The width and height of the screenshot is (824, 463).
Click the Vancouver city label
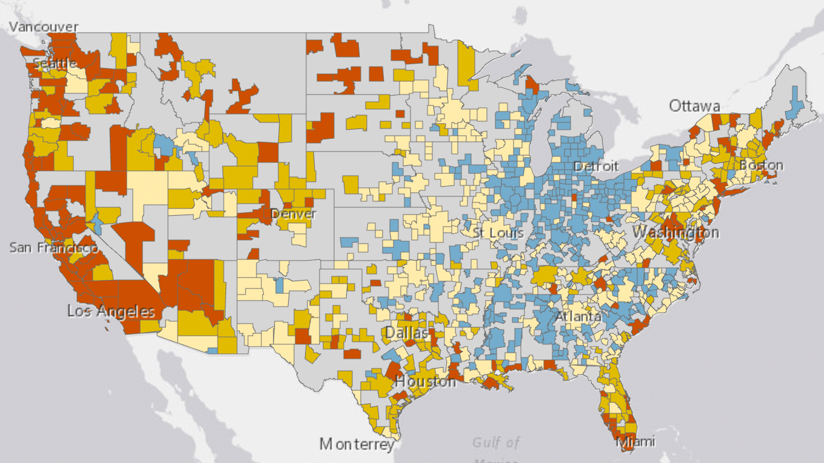click(x=44, y=27)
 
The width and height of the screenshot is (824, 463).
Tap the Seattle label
click(x=55, y=63)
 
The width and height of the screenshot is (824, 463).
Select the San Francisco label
click(x=53, y=248)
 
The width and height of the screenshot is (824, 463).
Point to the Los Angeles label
click(x=111, y=312)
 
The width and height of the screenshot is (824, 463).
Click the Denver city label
click(x=293, y=214)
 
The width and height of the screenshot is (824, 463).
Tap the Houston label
click(x=425, y=382)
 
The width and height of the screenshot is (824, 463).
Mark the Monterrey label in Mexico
click(x=357, y=444)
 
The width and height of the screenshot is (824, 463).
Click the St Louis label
click(x=499, y=233)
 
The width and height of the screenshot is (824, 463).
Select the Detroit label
click(x=596, y=166)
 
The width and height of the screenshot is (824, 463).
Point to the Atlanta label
click(x=578, y=316)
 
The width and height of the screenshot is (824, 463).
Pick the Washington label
click(x=675, y=233)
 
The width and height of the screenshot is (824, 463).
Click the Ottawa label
click(x=694, y=107)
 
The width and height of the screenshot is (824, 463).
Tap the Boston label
click(x=760, y=165)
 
